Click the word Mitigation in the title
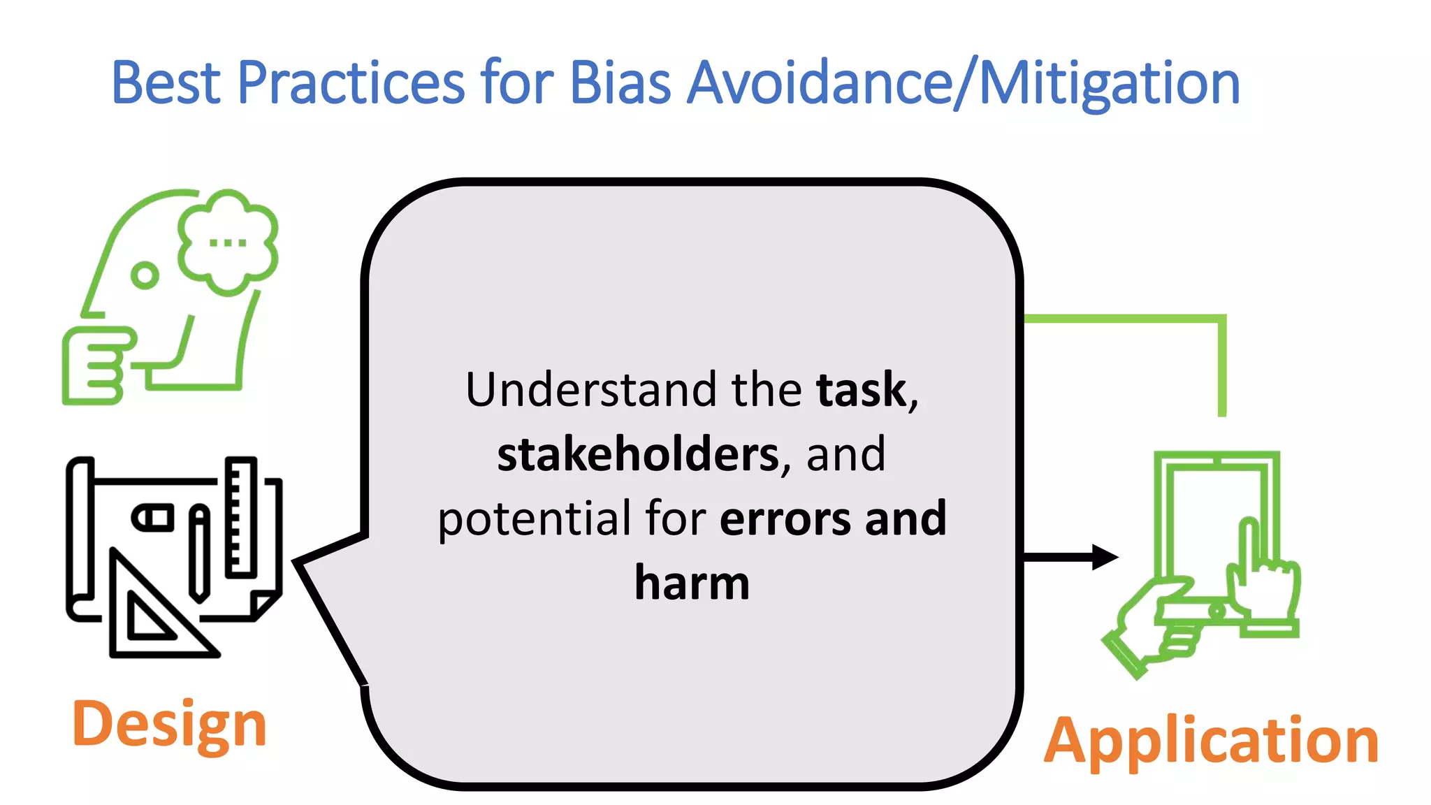[x=1110, y=84]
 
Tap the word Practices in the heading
[x=351, y=84]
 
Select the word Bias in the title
[x=620, y=84]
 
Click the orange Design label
[x=169, y=725]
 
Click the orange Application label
[x=1211, y=741]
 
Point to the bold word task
[x=861, y=389]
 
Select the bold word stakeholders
[x=638, y=454]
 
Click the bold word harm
[x=692, y=583]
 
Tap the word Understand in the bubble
[x=591, y=389]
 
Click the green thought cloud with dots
[x=228, y=242]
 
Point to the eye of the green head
[x=145, y=275]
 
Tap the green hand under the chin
[x=94, y=365]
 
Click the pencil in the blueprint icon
[x=200, y=552]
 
